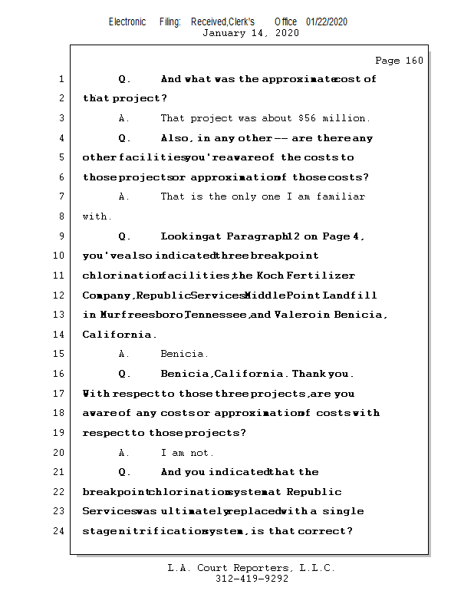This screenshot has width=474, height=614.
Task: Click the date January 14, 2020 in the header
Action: (250, 33)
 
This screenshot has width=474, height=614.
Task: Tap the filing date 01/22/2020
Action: (327, 21)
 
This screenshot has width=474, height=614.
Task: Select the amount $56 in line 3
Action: (304, 118)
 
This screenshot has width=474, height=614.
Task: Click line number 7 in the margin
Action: (61, 196)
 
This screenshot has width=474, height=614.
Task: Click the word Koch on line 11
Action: (270, 276)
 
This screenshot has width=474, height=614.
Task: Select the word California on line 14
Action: (117, 335)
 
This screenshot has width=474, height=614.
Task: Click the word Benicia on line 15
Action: (184, 354)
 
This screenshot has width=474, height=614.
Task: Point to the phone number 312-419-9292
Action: (252, 579)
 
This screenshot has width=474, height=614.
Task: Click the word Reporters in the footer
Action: (252, 568)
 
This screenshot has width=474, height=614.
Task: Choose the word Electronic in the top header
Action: (127, 21)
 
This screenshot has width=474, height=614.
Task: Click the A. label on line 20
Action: (124, 453)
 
